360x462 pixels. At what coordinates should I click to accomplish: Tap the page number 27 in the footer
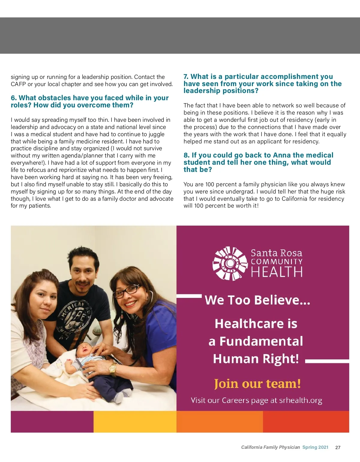(x=338, y=447)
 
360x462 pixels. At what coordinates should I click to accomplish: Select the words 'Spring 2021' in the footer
(x=315, y=447)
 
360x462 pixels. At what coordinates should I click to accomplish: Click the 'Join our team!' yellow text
(x=257, y=383)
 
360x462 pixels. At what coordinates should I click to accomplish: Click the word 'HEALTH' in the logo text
(x=277, y=272)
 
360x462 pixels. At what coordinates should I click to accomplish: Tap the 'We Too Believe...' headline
(x=257, y=300)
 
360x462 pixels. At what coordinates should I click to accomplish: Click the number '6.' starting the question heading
(x=14, y=98)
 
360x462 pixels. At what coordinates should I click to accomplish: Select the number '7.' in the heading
(x=186, y=77)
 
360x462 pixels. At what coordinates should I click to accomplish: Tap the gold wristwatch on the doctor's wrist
(x=113, y=370)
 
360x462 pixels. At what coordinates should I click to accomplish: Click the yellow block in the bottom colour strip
(x=135, y=421)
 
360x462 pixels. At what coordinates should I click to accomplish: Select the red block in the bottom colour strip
(x=306, y=421)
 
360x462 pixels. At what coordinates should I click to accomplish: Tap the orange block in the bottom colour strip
(x=220, y=421)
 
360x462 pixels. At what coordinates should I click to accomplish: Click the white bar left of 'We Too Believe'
(x=189, y=296)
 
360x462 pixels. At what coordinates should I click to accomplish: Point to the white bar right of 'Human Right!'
(x=327, y=361)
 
